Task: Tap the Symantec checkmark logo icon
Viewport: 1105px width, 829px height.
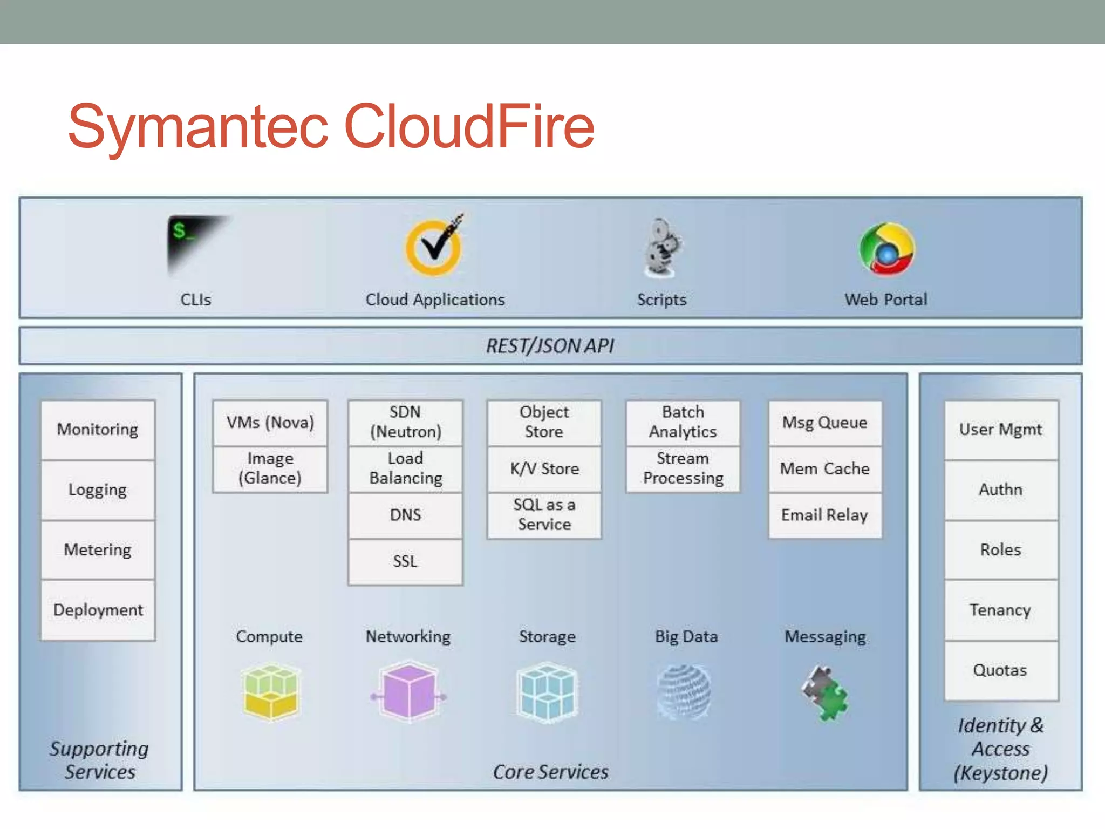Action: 435,246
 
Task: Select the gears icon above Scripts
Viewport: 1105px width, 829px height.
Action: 663,248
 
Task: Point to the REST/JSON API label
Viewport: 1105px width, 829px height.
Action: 550,346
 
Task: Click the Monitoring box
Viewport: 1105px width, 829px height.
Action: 98,430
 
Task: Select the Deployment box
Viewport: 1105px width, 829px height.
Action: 98,610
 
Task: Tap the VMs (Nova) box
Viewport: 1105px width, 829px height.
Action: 270,423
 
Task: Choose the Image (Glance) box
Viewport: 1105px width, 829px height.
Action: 270,468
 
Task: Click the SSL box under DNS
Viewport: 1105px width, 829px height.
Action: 405,561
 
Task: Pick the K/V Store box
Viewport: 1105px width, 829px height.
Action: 544,468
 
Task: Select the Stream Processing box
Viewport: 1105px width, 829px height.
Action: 683,468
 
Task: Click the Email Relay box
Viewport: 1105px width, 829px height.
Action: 824,515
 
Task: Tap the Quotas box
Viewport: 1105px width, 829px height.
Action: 1000,670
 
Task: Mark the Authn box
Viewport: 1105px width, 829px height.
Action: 1000,490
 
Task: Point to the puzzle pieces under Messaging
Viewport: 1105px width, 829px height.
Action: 826,693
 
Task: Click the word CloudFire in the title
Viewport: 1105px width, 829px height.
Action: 469,127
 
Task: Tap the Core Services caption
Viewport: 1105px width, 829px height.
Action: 550,772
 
